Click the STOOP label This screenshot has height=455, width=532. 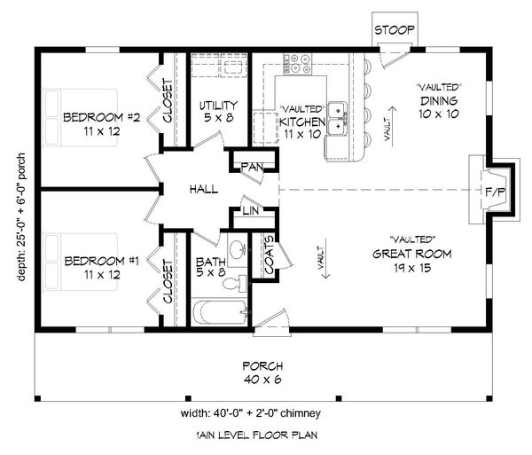(x=395, y=30)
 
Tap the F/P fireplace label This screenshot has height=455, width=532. (x=496, y=192)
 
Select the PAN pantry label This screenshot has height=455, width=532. (x=252, y=167)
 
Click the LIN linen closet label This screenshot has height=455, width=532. (x=251, y=211)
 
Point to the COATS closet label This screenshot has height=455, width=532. (x=269, y=255)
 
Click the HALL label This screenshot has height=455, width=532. (x=204, y=189)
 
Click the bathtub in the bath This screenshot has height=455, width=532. (x=220, y=312)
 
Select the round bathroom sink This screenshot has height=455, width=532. (x=238, y=250)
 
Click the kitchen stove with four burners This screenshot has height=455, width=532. (x=298, y=64)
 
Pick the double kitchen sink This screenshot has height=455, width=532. (x=338, y=119)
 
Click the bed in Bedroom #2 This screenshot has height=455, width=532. (x=80, y=118)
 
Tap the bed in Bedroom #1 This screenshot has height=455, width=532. (x=80, y=262)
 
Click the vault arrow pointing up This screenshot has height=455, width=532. (x=393, y=127)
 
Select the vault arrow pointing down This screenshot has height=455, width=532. (x=325, y=259)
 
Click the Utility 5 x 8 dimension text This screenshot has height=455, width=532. (x=218, y=118)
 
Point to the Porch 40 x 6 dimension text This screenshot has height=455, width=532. (x=262, y=380)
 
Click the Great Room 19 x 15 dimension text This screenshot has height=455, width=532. (x=412, y=268)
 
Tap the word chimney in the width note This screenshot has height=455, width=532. (x=301, y=413)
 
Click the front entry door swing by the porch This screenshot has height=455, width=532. (x=271, y=319)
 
